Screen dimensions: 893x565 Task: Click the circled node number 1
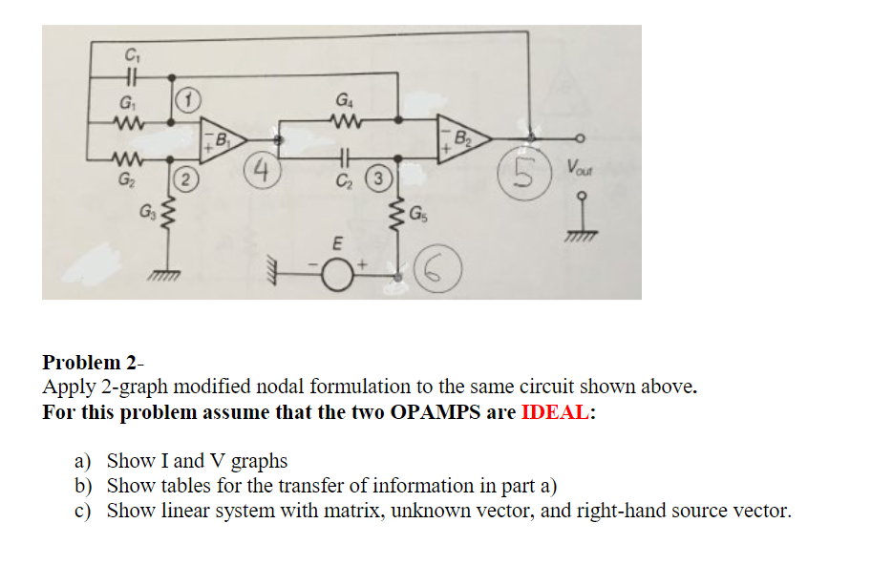tap(190, 99)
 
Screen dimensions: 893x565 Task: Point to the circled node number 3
tap(380, 178)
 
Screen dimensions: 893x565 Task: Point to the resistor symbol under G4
tap(343, 120)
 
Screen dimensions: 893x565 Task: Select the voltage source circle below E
tap(337, 277)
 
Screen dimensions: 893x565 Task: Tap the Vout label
tap(578, 168)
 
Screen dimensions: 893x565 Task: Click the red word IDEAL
tap(557, 414)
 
